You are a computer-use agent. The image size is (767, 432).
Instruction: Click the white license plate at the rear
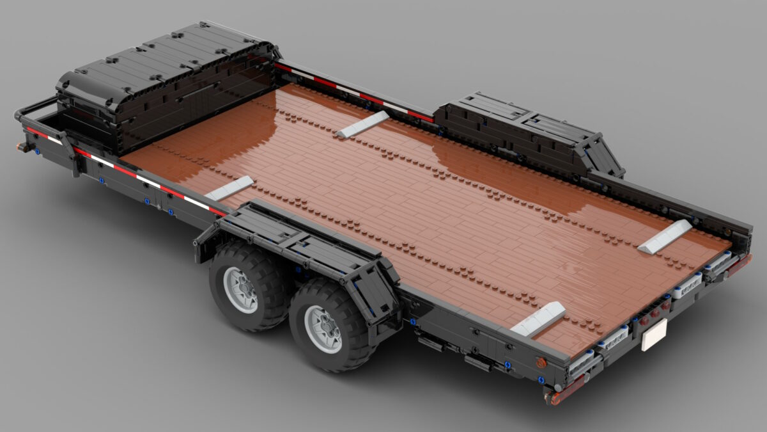point(654,334)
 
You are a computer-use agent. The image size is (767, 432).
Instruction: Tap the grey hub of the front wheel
point(242,289)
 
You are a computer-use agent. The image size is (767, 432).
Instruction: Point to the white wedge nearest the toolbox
point(362,124)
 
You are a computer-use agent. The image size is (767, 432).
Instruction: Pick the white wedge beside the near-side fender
point(229,188)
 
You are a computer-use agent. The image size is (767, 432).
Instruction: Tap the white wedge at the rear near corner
point(538,319)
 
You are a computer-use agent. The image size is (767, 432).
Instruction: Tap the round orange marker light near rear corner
point(541,362)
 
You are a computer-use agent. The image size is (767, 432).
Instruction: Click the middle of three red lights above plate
point(655,310)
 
